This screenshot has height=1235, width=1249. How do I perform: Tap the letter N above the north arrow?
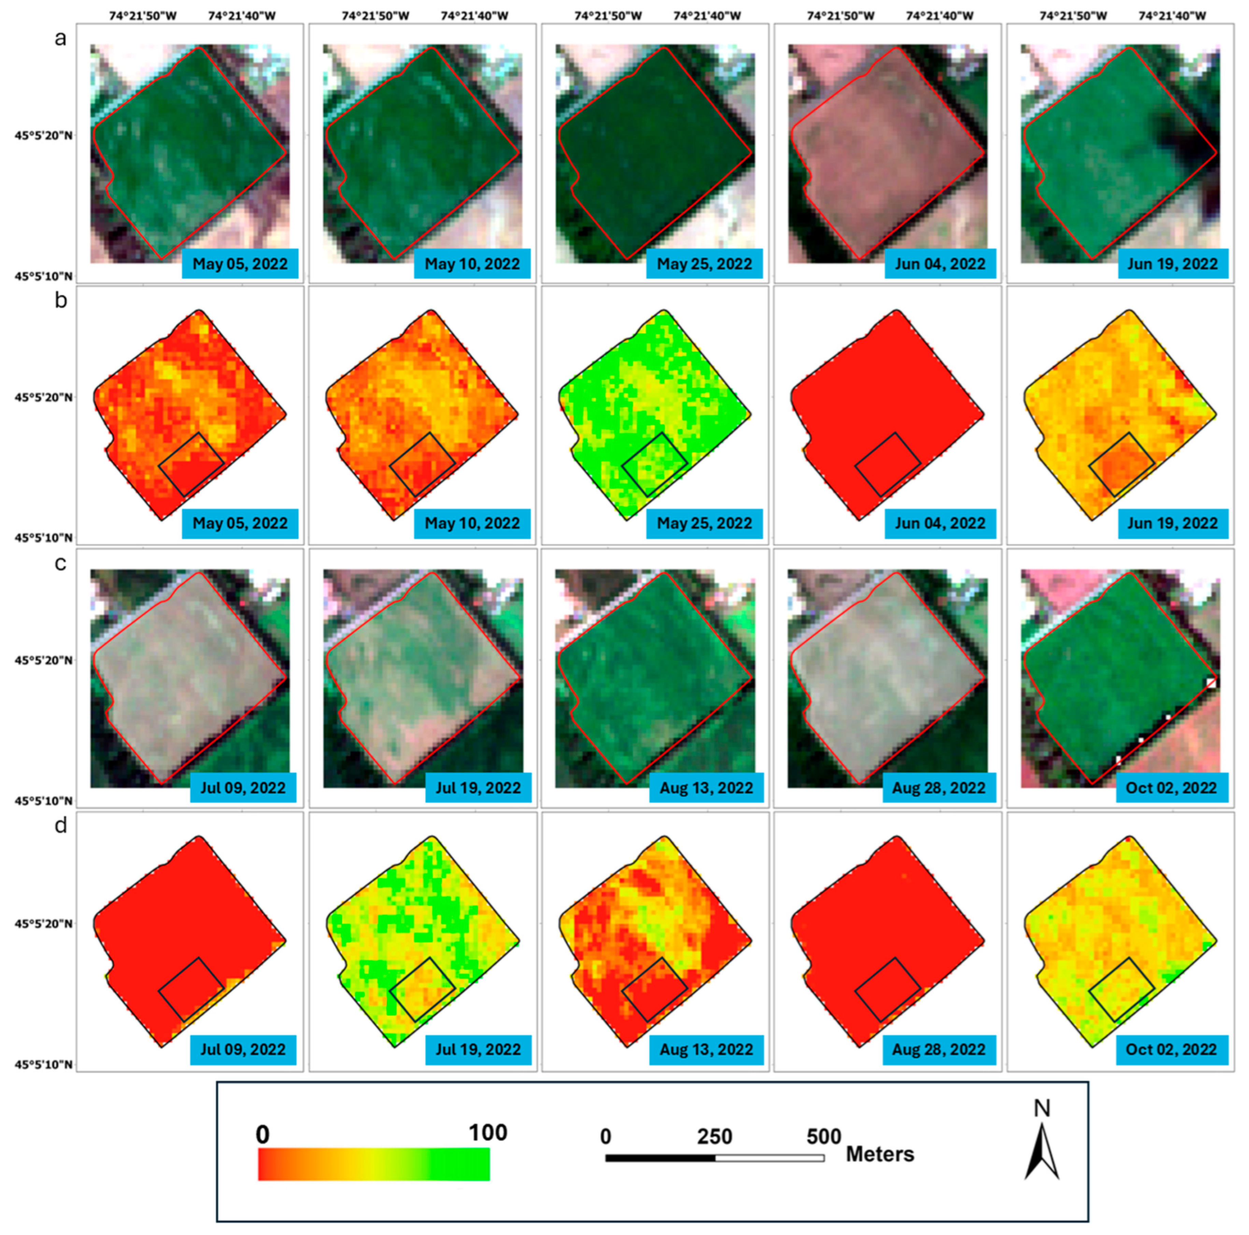click(1042, 1108)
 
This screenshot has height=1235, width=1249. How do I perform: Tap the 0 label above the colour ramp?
click(262, 1134)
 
